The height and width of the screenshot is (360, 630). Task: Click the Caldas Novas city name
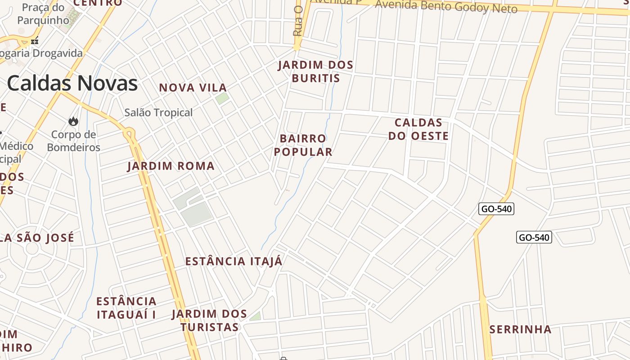(72, 83)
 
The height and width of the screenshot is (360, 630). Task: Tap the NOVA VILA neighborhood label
(193, 88)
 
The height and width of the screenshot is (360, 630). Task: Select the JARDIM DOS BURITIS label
(315, 72)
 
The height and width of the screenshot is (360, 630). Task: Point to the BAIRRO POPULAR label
(303, 145)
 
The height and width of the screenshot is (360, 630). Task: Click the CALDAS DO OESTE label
(418, 129)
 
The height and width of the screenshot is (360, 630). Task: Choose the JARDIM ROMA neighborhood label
(171, 166)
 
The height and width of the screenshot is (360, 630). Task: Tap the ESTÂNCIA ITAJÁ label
(234, 261)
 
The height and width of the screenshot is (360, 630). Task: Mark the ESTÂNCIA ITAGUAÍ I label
(126, 308)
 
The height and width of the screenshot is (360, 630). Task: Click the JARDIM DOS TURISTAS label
(209, 320)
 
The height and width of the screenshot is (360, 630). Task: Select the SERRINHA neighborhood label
(520, 329)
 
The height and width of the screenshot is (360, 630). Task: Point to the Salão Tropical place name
(158, 112)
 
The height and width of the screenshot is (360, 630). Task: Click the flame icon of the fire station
(73, 121)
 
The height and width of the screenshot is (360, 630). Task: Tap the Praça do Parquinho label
(43, 14)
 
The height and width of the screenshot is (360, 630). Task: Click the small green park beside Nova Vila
(222, 99)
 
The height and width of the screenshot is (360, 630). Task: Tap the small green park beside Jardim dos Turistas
(256, 316)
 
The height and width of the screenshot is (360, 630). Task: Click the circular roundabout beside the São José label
(32, 248)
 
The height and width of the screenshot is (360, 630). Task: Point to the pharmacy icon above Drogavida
(35, 41)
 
